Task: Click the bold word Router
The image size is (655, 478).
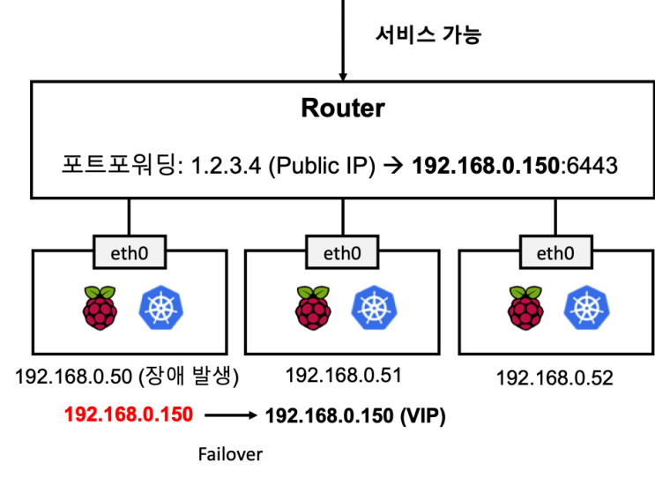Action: pyautogui.click(x=343, y=108)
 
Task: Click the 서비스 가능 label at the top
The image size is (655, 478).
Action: pyautogui.click(x=428, y=34)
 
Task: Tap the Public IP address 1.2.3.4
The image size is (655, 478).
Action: pyautogui.click(x=226, y=166)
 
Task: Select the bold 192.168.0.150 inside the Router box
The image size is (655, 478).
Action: pyautogui.click(x=486, y=166)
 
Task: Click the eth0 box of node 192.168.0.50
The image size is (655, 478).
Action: pyautogui.click(x=130, y=252)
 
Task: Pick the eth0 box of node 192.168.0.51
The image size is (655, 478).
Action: pyautogui.click(x=342, y=252)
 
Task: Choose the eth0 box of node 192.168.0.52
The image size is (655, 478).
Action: pyautogui.click(x=555, y=252)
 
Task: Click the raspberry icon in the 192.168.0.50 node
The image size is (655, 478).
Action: pyautogui.click(x=100, y=308)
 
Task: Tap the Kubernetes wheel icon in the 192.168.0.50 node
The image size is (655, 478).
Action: pyautogui.click(x=161, y=308)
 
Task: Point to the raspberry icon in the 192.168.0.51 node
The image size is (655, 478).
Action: pyautogui.click(x=313, y=308)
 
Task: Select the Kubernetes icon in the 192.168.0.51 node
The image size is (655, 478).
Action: pyautogui.click(x=375, y=308)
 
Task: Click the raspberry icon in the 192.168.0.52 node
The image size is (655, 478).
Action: pyautogui.click(x=526, y=308)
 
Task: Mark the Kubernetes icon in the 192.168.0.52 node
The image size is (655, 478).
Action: pyautogui.click(x=587, y=308)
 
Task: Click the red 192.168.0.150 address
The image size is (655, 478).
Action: pyautogui.click(x=129, y=415)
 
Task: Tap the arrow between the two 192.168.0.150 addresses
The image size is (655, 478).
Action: pyautogui.click(x=231, y=415)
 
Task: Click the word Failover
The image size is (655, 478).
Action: pyautogui.click(x=231, y=454)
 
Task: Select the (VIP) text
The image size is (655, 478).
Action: pyautogui.click(x=423, y=415)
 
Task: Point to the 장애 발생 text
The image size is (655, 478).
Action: pyautogui.click(x=189, y=376)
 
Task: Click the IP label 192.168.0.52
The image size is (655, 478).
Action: pyautogui.click(x=555, y=377)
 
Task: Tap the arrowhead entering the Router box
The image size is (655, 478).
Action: pyautogui.click(x=343, y=77)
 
